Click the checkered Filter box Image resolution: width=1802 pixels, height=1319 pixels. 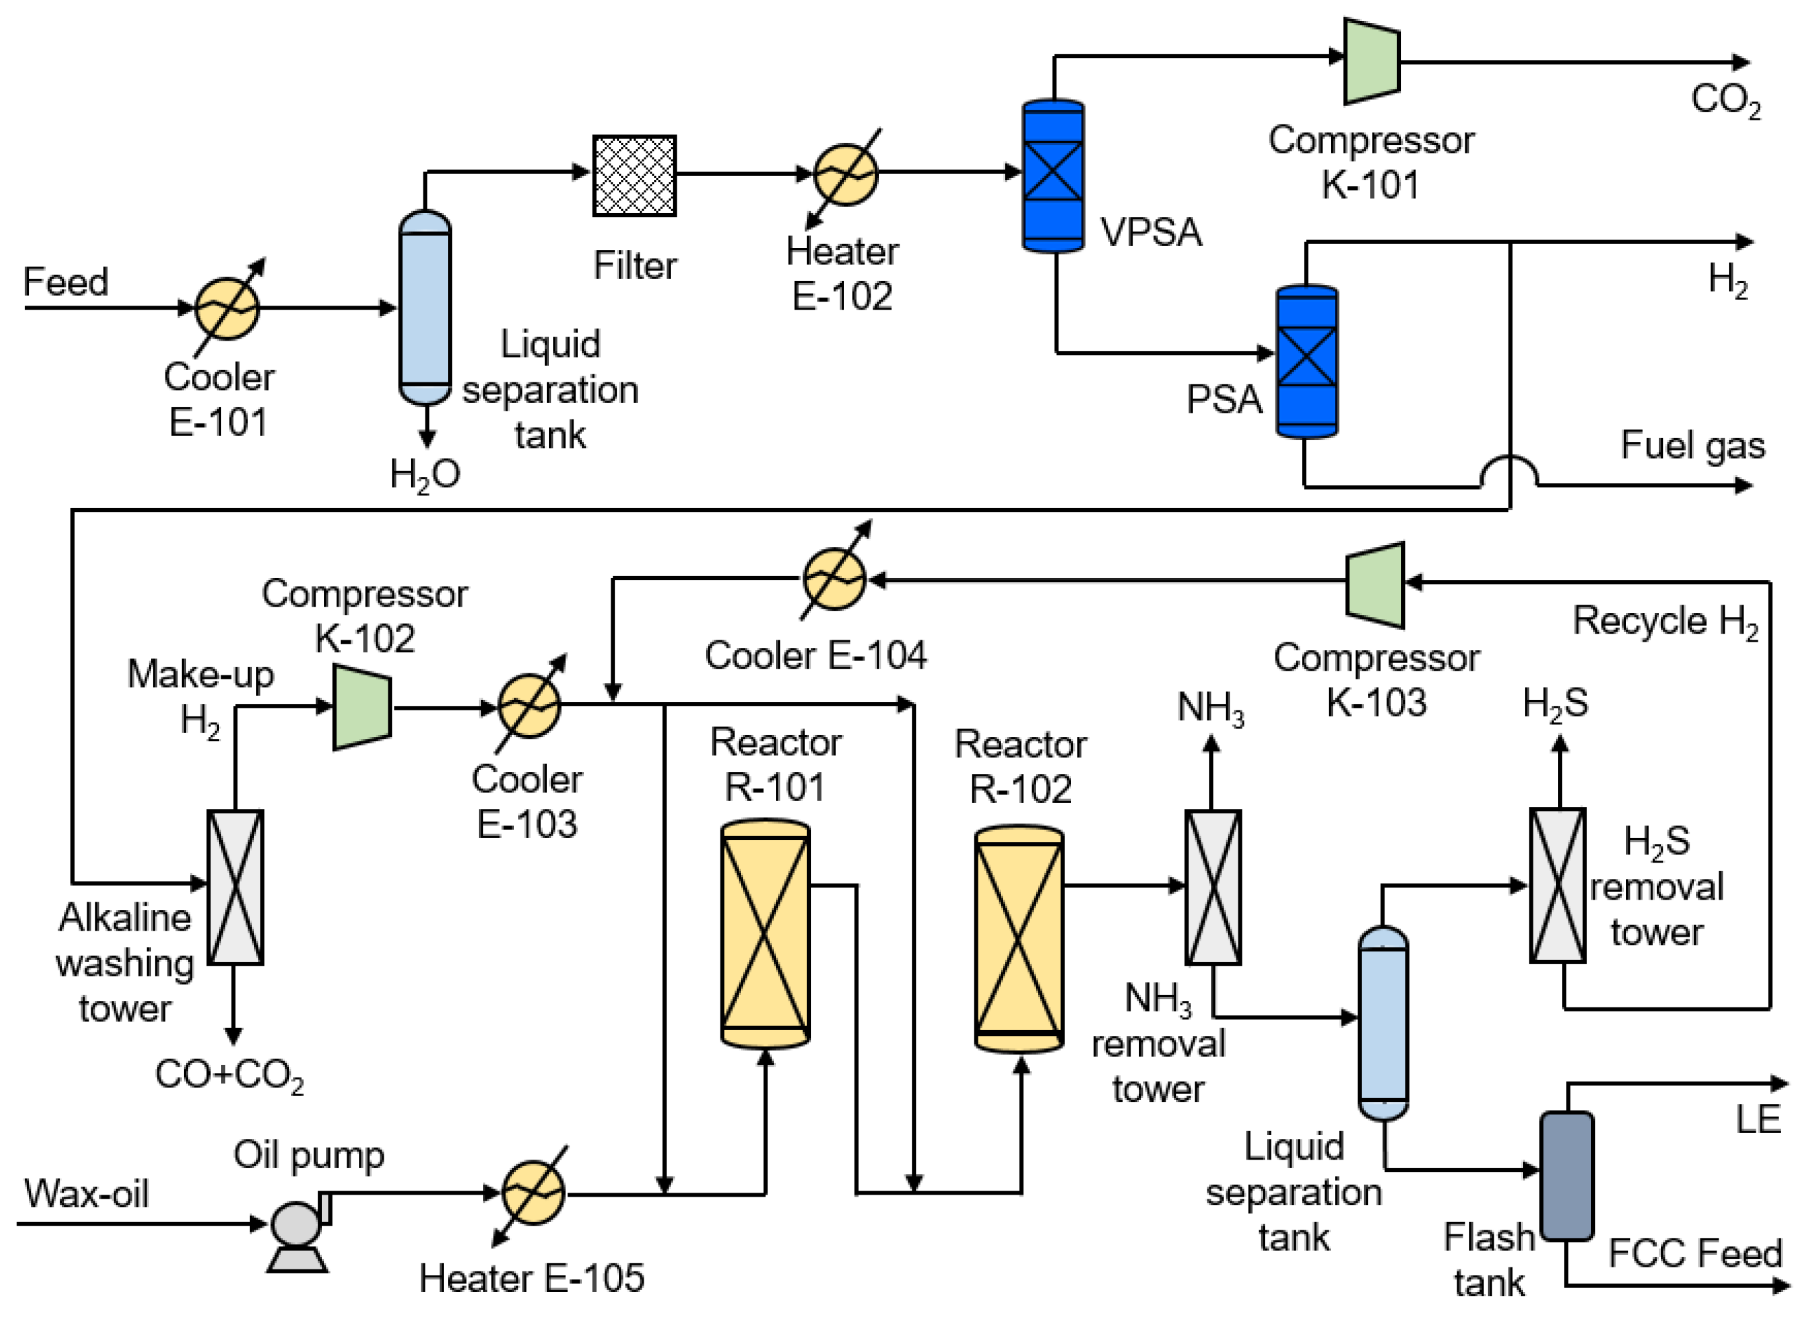[x=634, y=176]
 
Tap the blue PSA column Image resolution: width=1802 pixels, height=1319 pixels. [x=1307, y=361]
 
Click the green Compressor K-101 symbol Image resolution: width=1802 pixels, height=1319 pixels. [x=1371, y=62]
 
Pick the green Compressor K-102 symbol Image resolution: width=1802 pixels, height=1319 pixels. [x=362, y=706]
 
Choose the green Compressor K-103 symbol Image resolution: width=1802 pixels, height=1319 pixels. [x=1374, y=585]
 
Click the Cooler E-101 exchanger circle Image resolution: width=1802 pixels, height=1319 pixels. [x=227, y=308]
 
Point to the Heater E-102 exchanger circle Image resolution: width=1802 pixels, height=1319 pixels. [x=845, y=174]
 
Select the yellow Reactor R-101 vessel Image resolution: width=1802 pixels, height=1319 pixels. [x=765, y=933]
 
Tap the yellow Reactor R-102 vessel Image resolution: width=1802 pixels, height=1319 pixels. [x=1019, y=938]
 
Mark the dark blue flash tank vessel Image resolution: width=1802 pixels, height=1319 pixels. [x=1566, y=1176]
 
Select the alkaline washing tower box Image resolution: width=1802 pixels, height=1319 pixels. [x=235, y=887]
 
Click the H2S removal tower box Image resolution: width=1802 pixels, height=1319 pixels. [x=1557, y=886]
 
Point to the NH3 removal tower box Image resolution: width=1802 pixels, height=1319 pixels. [x=1212, y=887]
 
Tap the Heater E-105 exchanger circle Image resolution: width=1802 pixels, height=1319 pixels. [x=533, y=1193]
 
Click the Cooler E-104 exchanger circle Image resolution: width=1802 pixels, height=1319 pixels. [x=834, y=579]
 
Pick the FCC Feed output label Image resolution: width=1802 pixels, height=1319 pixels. [x=1694, y=1253]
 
